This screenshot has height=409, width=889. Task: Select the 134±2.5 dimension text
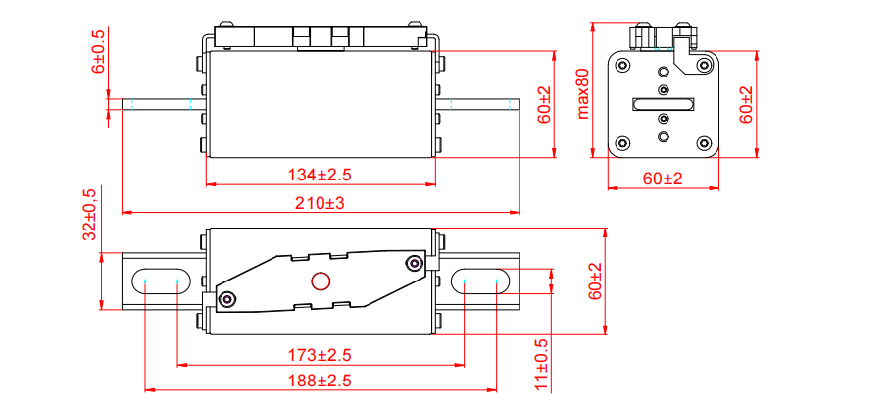tap(320, 175)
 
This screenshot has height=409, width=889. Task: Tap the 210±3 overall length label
tap(320, 203)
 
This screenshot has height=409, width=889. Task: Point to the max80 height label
tap(584, 93)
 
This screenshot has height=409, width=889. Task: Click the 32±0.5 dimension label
tap(89, 216)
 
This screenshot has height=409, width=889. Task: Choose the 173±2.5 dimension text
tap(320, 354)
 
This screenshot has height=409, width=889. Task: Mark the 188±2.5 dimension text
tap(320, 381)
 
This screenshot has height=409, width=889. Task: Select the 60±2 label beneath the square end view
tap(664, 179)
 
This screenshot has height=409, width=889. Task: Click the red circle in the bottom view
tap(321, 282)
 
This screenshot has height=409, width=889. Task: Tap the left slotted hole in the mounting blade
tap(161, 281)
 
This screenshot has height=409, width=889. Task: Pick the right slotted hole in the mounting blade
tap(480, 281)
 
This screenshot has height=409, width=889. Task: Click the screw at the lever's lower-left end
tap(228, 299)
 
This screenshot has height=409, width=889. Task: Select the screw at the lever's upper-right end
tap(415, 263)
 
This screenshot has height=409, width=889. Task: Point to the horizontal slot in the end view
tap(664, 104)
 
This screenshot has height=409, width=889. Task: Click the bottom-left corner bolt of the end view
tap(623, 143)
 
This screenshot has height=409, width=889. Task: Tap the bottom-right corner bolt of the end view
tap(704, 143)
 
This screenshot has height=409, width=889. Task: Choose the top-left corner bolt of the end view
tap(623, 65)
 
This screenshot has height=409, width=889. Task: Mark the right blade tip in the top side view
tap(514, 104)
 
